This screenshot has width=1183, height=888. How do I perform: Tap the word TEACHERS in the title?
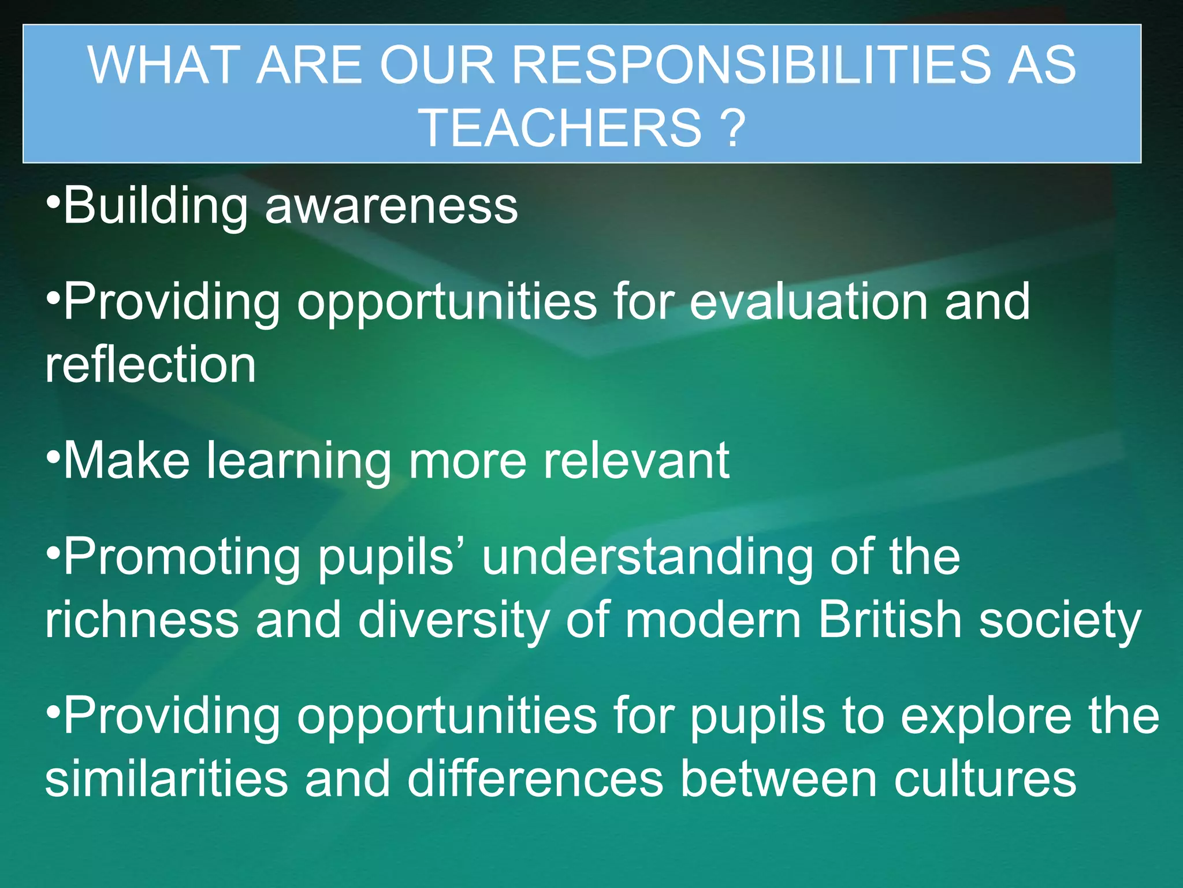click(x=560, y=128)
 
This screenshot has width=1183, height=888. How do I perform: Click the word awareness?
click(x=391, y=207)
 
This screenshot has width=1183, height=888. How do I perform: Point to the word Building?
click(x=156, y=207)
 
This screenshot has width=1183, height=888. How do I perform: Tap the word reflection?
click(x=151, y=365)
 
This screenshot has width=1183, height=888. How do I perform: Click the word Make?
click(x=127, y=461)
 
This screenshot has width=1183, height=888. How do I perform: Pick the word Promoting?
click(x=182, y=557)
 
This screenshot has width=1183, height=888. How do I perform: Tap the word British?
click(x=890, y=620)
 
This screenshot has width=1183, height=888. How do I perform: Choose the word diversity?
click(x=453, y=620)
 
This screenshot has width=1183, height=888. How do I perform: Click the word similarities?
click(x=166, y=780)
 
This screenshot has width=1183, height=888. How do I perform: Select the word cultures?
click(x=985, y=780)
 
